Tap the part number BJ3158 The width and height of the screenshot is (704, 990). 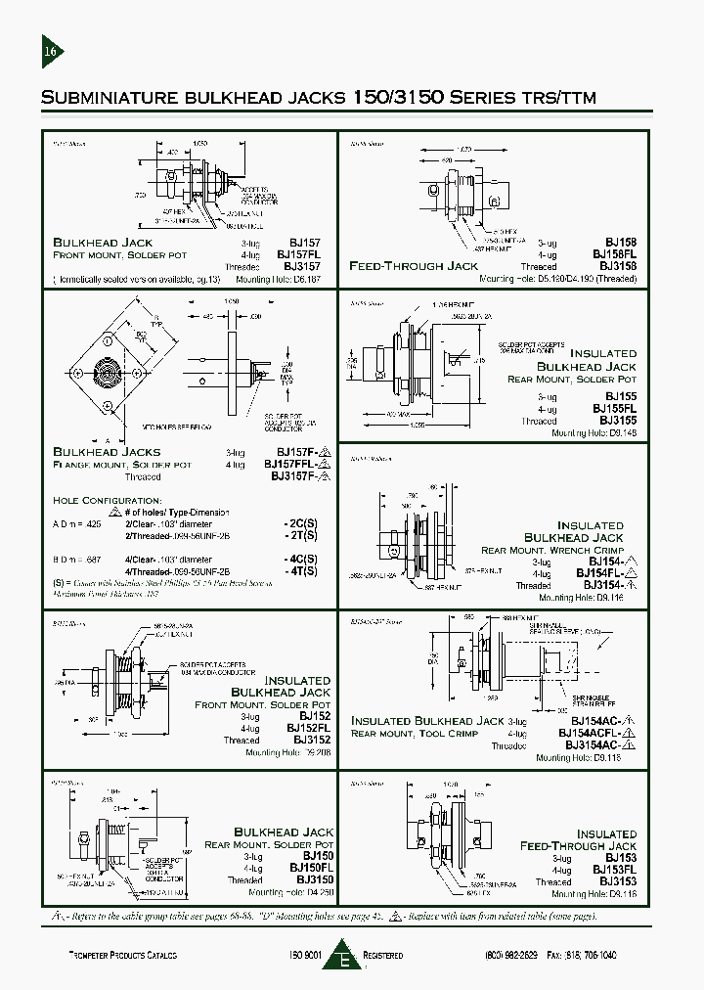(x=618, y=266)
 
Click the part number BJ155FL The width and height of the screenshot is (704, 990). (x=614, y=410)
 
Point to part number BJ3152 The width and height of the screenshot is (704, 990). (x=312, y=741)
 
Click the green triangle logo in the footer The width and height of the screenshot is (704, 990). (x=345, y=954)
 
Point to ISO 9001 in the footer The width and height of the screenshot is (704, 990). (x=305, y=954)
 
